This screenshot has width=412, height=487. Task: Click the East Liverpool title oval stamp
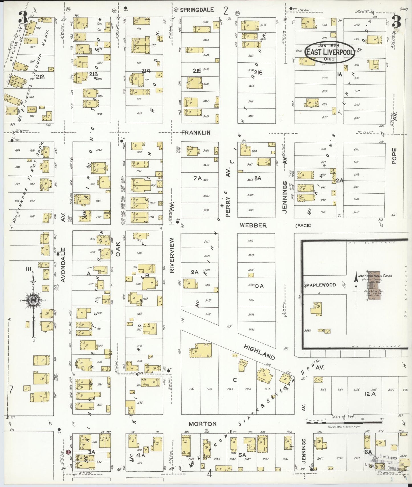click(330, 52)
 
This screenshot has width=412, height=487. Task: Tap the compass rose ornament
click(33, 300)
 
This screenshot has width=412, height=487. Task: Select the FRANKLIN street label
click(196, 132)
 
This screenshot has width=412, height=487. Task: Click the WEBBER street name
click(253, 225)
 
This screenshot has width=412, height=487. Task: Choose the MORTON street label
click(202, 424)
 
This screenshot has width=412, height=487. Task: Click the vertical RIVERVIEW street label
click(172, 255)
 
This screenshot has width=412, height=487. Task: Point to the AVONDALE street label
click(63, 265)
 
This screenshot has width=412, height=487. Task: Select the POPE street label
click(394, 156)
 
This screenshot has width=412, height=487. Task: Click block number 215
click(197, 71)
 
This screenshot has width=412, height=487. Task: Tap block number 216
click(258, 72)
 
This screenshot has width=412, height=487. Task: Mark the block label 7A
click(197, 178)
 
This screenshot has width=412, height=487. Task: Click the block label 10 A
click(259, 286)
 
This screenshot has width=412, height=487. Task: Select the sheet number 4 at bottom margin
click(210, 474)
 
